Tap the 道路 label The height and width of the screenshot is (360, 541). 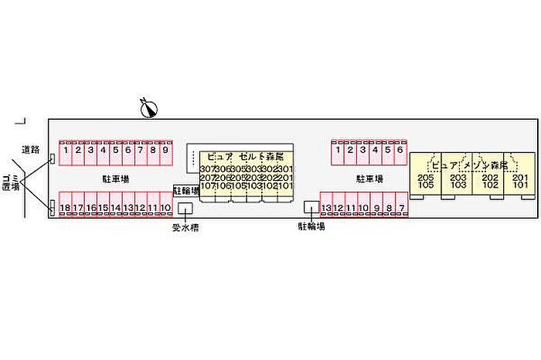tap(30, 149)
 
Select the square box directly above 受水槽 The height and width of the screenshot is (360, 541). tap(185, 208)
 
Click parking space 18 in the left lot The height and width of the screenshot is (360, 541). tap(65, 208)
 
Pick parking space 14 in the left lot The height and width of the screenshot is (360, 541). tap(115, 208)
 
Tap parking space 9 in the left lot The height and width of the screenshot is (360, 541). tap(165, 151)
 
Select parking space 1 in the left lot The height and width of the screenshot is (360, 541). tap(66, 151)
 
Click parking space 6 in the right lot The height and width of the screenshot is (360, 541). tap(399, 151)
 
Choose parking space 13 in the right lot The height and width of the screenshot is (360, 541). tap(326, 208)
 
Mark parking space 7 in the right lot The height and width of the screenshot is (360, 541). tap(401, 208)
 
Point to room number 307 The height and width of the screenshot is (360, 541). tap(206, 169)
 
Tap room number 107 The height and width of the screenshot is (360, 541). tap(206, 185)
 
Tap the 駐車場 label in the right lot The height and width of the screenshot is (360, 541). tap(370, 178)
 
